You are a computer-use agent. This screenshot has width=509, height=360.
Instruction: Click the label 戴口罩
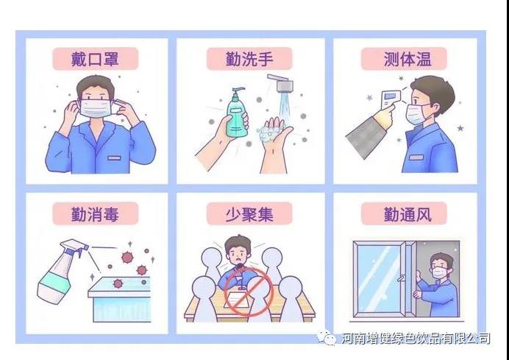[95, 57]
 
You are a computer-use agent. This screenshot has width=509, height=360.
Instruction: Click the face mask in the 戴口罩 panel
[96, 110]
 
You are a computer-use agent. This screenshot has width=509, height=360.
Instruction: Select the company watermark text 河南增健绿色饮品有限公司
[416, 338]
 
